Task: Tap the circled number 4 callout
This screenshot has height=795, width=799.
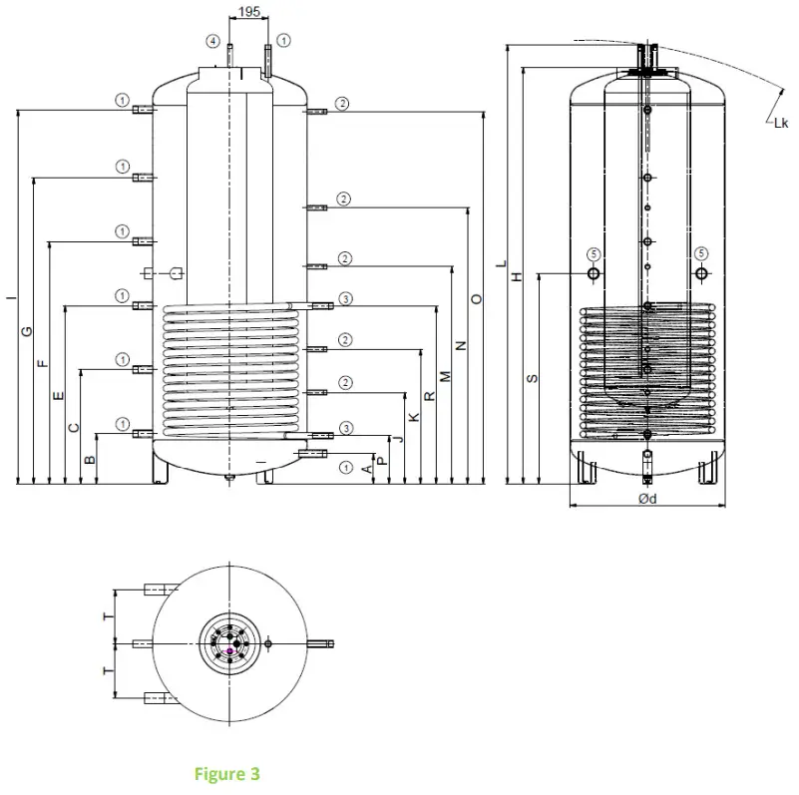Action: pos(212,41)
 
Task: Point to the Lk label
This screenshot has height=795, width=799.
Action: pos(779,123)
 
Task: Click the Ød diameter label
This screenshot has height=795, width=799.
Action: pos(646,498)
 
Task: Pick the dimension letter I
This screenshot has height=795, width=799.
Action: pos(11,297)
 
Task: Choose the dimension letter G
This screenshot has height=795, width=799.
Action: pos(27,331)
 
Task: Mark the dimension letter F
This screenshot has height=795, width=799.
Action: pos(43,363)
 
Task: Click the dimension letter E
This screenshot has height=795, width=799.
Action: pos(58,396)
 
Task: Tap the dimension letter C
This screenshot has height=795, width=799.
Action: pos(74,427)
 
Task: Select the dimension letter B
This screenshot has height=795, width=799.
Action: pos(90,459)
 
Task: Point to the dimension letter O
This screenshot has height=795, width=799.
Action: pos(477,298)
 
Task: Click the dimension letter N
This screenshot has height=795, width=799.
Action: pos(461,345)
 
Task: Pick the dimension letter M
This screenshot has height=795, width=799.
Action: pos(446,377)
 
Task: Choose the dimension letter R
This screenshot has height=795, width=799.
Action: pos(430,395)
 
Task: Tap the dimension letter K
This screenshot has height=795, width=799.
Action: pos(414,416)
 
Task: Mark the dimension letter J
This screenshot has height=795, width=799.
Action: pos(398,439)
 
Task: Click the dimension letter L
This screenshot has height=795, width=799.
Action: pos(501,264)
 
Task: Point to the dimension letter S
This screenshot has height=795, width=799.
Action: pos(532,378)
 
